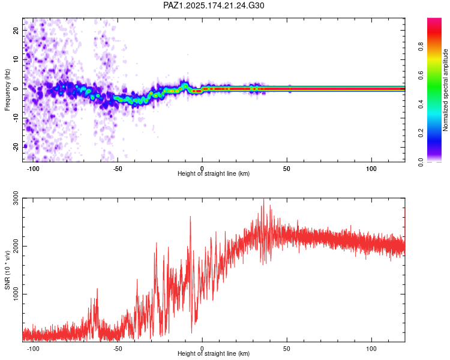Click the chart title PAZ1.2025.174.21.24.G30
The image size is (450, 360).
point(214,5)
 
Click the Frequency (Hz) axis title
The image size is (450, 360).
point(7,90)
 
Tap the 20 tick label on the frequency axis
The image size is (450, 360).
point(16,30)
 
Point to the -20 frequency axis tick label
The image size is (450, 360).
point(16,147)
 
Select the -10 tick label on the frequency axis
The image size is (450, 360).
point(16,118)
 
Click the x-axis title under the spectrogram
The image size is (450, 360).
point(214,173)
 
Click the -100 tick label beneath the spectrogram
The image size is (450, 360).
point(33,169)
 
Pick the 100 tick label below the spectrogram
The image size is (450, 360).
point(371,169)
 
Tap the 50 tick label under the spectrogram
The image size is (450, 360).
point(286,169)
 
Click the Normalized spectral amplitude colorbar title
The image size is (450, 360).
point(445,90)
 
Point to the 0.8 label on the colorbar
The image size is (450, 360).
point(421,46)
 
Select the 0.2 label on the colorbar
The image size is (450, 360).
point(421,133)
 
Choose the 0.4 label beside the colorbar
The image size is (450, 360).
point(421,104)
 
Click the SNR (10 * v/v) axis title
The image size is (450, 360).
point(7,270)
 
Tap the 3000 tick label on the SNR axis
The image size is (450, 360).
point(16,198)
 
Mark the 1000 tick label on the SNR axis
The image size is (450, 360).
point(16,294)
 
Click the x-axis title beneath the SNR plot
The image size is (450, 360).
point(214,353)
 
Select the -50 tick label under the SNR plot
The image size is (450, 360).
point(118,349)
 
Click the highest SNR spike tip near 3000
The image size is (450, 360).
point(263,199)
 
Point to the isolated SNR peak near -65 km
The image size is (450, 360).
point(97,289)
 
